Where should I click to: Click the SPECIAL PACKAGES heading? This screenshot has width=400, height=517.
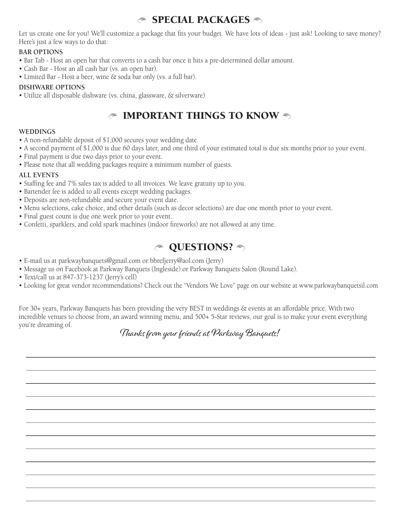pyautogui.click(x=201, y=20)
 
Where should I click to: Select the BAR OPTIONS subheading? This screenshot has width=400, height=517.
pyautogui.click(x=41, y=52)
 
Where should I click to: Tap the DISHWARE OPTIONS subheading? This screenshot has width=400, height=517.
pyautogui.click(x=52, y=87)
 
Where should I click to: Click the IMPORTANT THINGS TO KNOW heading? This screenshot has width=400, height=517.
pyautogui.click(x=201, y=116)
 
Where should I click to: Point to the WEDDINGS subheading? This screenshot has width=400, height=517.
pyautogui.click(x=37, y=132)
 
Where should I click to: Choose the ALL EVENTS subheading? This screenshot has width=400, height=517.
pyautogui.click(x=39, y=175)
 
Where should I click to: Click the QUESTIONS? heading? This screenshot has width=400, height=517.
pyautogui.click(x=201, y=247)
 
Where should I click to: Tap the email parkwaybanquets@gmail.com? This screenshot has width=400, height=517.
pyautogui.click(x=99, y=261)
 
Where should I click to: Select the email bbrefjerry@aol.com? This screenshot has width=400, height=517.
pyautogui.click(x=177, y=261)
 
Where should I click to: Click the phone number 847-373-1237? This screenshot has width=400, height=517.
pyautogui.click(x=83, y=277)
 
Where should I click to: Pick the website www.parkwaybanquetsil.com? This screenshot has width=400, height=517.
pyautogui.click(x=339, y=285)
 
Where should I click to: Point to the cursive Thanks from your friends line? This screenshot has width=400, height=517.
pyautogui.click(x=200, y=334)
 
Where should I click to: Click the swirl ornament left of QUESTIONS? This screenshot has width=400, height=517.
pyautogui.click(x=159, y=247)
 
